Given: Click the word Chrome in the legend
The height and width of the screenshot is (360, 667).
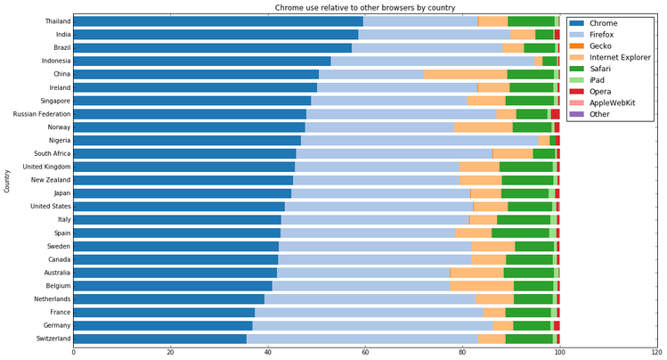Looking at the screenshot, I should tap(604, 23).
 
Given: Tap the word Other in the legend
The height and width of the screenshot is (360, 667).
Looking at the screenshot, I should tap(600, 114).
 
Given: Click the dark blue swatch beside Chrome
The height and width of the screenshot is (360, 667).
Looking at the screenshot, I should tap(577, 23).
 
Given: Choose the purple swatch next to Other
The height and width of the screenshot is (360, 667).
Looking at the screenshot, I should tap(577, 114).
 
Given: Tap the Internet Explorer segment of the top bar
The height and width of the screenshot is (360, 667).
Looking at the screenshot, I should tap(492, 21).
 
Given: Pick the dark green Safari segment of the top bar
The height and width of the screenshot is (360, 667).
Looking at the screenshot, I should tap(531, 21).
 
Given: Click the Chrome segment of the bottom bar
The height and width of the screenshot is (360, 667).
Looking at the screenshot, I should tap(159, 339).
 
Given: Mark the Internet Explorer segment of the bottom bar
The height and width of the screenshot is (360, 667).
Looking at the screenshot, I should tap(492, 339).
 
